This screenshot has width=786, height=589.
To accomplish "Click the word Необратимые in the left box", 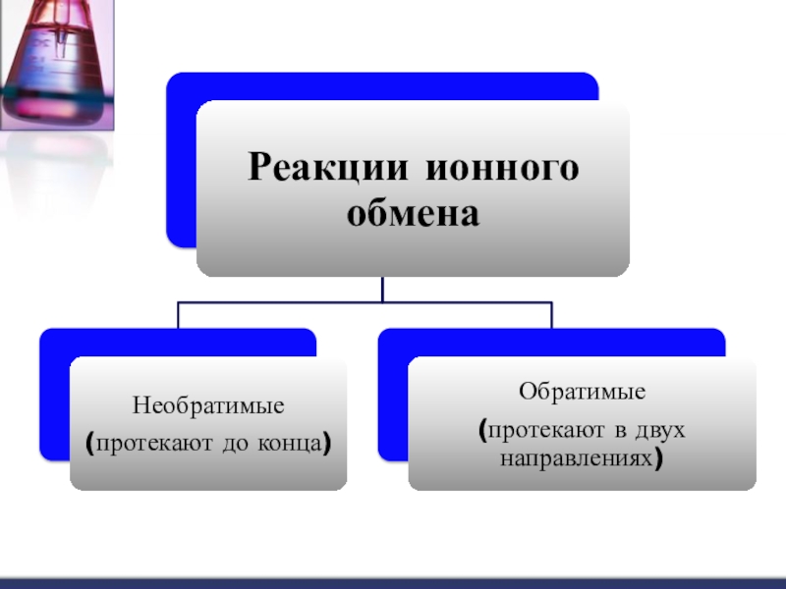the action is [208, 404].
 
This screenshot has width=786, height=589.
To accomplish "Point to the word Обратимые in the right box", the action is [582, 392].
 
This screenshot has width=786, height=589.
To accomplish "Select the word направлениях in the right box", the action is [577, 457].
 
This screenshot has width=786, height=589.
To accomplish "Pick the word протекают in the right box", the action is [536, 430].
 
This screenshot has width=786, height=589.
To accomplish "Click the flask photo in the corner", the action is [57, 64].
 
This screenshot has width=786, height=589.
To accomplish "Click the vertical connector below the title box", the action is [383, 290].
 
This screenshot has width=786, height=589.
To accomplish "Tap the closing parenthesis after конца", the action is [324, 444].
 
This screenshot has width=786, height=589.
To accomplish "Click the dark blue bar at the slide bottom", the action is [393, 583].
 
